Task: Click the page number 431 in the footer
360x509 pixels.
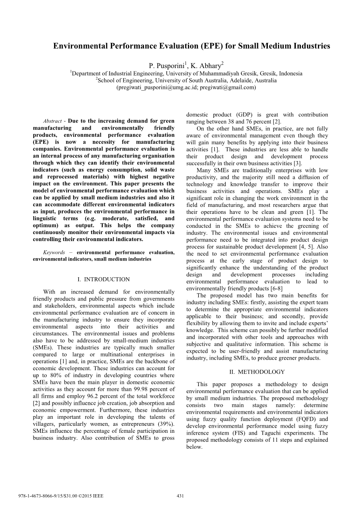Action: (180, 496)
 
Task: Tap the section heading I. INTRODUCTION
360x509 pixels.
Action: (104, 279)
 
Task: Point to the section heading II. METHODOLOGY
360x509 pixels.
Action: (257, 372)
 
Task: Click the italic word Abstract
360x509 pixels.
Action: (53, 121)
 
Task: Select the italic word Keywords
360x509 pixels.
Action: (54, 252)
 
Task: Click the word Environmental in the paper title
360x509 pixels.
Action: (80, 46)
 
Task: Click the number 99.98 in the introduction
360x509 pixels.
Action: (148, 389)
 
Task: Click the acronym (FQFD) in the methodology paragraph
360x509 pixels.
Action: (307, 419)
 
